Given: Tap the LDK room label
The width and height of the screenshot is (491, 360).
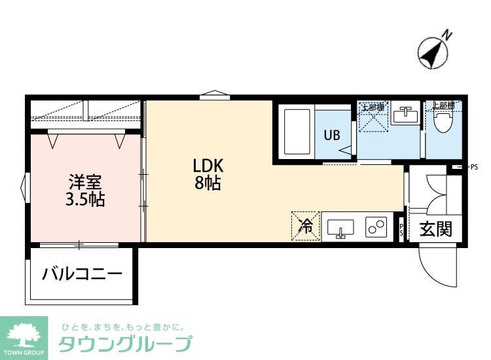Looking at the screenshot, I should [x=207, y=166].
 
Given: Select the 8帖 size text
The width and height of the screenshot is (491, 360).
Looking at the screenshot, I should [x=207, y=184].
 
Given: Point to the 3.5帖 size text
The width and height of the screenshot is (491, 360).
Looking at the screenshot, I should [x=85, y=200].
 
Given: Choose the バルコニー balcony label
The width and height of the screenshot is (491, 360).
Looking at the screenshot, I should [x=82, y=274].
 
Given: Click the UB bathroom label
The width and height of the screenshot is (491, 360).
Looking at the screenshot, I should [x=331, y=135].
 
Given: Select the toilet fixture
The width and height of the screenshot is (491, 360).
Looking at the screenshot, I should [x=445, y=122].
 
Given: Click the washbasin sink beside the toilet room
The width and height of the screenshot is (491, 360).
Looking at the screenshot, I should [x=406, y=117].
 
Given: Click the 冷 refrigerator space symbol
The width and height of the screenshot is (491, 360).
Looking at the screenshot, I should [x=306, y=226].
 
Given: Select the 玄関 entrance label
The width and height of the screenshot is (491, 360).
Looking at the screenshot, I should [x=436, y=230].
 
